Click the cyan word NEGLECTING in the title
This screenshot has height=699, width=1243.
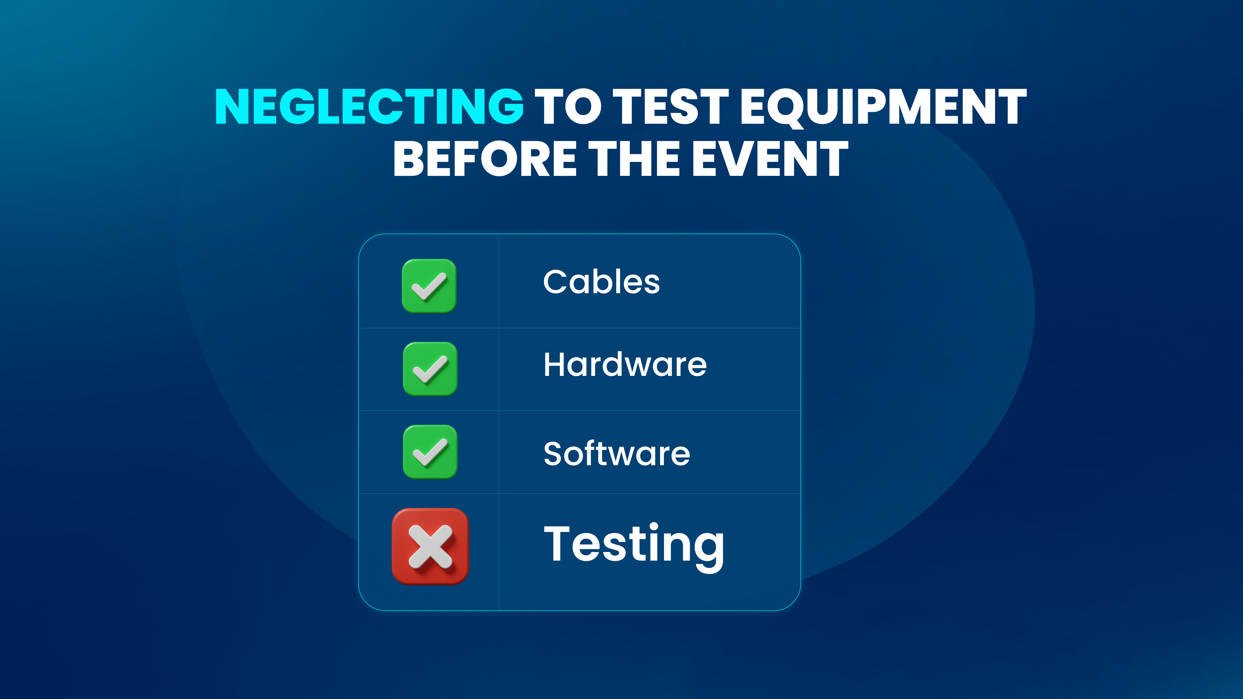click(369, 106)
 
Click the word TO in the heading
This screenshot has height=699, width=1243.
click(568, 106)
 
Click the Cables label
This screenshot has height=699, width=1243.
click(601, 282)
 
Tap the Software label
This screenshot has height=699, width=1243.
click(617, 454)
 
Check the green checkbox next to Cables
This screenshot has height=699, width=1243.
click(429, 286)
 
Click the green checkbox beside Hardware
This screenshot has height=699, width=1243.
click(430, 369)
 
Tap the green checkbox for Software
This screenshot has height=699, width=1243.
click(430, 452)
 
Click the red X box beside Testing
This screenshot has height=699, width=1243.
click(430, 546)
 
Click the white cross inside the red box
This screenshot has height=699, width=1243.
click(430, 546)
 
